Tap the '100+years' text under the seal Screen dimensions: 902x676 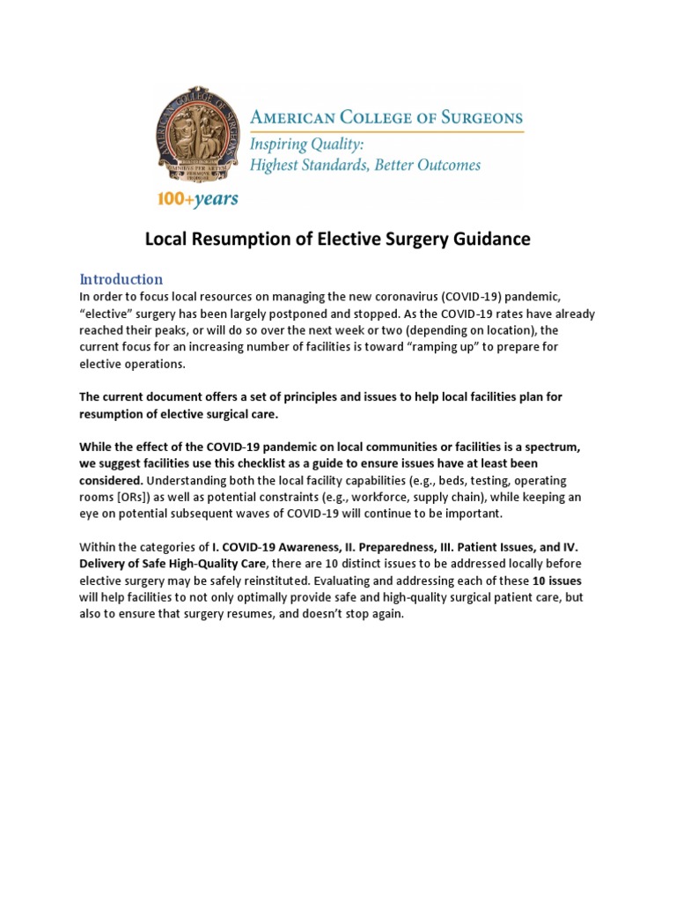click(x=198, y=199)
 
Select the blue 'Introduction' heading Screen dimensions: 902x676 click(x=121, y=279)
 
